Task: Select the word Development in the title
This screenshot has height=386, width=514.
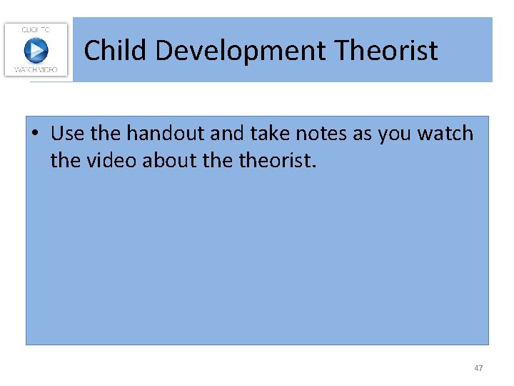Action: (240, 51)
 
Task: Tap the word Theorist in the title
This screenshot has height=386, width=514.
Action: (385, 51)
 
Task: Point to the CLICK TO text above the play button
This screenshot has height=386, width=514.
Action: (36, 29)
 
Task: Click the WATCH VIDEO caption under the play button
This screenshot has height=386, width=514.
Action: (36, 70)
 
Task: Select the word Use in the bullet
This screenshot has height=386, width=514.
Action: (68, 134)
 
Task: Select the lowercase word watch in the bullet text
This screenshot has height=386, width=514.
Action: (445, 134)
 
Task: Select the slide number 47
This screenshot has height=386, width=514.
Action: (478, 368)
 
